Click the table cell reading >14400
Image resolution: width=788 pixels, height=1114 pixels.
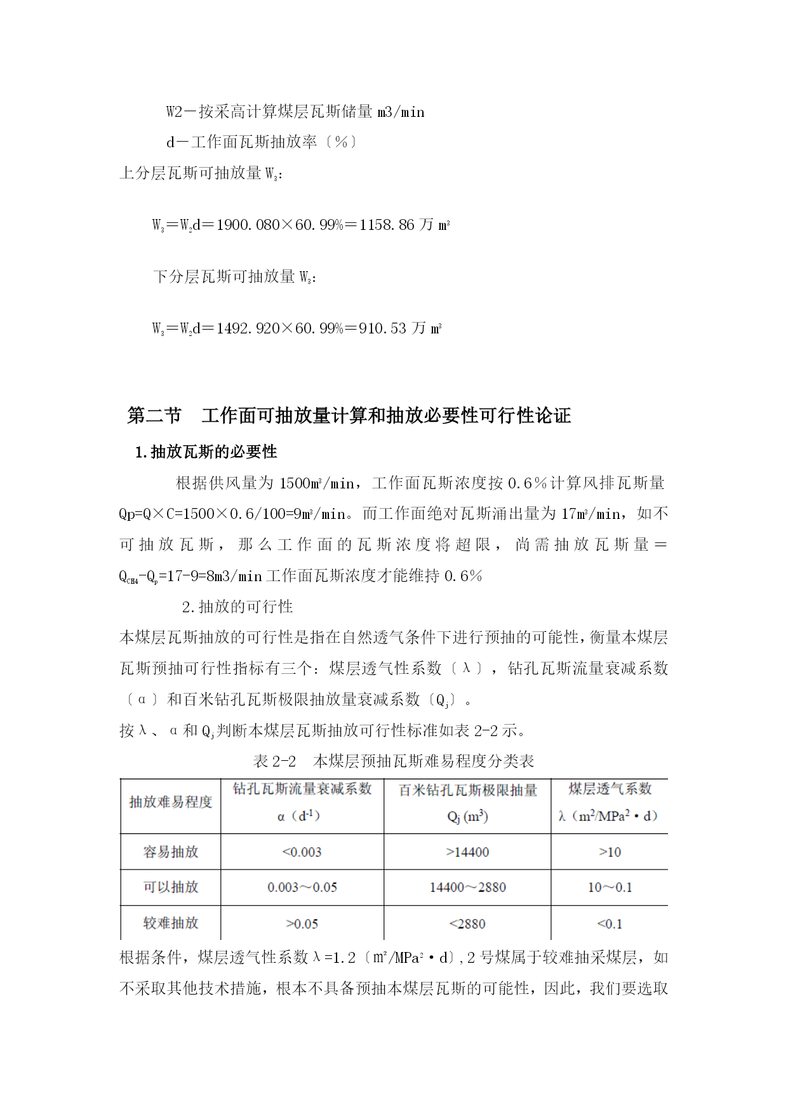click(467, 852)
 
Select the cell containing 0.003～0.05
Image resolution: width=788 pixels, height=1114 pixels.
click(302, 887)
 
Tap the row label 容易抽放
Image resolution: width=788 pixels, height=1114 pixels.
click(171, 852)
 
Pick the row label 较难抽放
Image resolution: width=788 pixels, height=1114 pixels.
click(171, 923)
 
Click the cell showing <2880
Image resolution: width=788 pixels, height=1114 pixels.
click(467, 923)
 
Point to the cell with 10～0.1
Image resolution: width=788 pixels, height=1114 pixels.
click(610, 887)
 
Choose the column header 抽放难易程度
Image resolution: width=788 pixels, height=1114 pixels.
click(171, 802)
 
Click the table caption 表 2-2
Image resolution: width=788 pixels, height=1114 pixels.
click(275, 761)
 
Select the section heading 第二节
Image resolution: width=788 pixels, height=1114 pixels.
click(154, 415)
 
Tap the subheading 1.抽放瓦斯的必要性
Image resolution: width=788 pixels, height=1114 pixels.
click(206, 452)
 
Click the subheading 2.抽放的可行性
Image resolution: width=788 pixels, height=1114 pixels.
click(237, 607)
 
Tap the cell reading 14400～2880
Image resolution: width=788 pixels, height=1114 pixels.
click(467, 887)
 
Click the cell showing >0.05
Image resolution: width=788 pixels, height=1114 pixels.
click(302, 923)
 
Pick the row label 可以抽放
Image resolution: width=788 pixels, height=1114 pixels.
click(171, 887)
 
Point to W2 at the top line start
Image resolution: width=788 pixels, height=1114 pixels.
click(175, 112)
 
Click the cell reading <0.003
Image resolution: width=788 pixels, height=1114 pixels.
click(302, 852)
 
